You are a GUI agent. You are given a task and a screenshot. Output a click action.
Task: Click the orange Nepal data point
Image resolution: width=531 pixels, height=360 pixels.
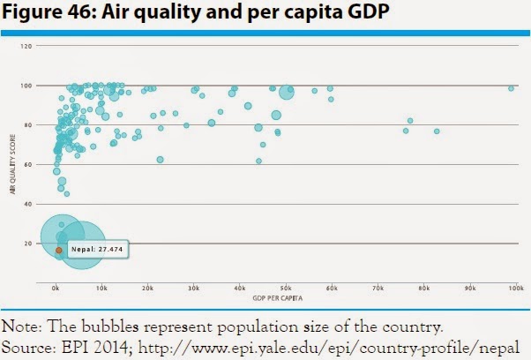[59, 251]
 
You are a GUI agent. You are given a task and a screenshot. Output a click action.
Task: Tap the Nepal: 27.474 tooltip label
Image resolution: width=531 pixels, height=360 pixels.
[95, 251]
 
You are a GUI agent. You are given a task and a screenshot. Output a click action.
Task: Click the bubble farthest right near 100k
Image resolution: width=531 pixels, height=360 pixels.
[511, 88]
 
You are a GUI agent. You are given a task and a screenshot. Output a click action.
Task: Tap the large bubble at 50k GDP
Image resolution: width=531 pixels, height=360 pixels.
[286, 91]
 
